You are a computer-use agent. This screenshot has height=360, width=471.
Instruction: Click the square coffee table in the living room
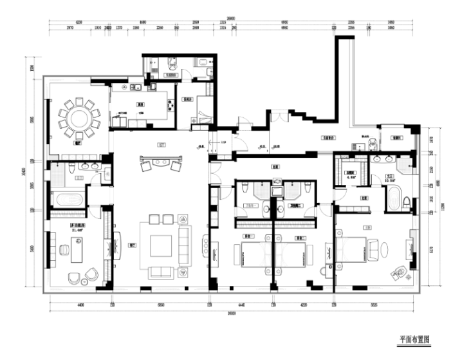coord(161,247)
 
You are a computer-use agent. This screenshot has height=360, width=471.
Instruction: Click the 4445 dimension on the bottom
coord(241,302)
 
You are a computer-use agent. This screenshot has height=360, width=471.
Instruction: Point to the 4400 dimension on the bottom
coord(78,302)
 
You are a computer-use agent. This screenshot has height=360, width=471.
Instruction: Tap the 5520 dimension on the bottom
coord(374,302)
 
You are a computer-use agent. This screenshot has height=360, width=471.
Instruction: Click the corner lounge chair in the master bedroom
coord(398,272)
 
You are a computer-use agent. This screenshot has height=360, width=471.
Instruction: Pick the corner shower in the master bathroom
coord(405,166)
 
